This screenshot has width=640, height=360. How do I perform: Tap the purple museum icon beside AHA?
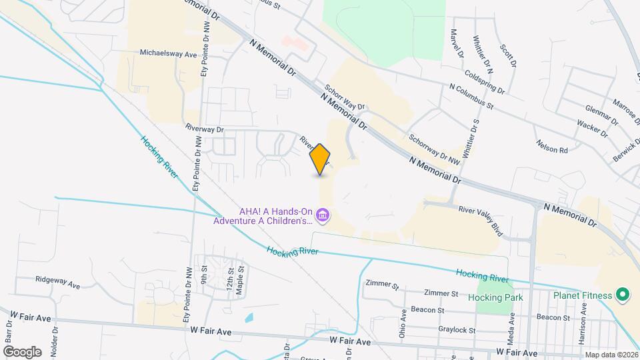point(323,215)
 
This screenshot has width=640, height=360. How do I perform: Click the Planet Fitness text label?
point(582,295)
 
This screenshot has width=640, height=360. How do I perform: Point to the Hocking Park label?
point(495,297)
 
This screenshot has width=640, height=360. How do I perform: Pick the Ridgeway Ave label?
point(58,282)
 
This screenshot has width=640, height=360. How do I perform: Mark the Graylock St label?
point(457,330)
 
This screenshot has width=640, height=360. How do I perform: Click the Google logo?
point(22,351)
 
